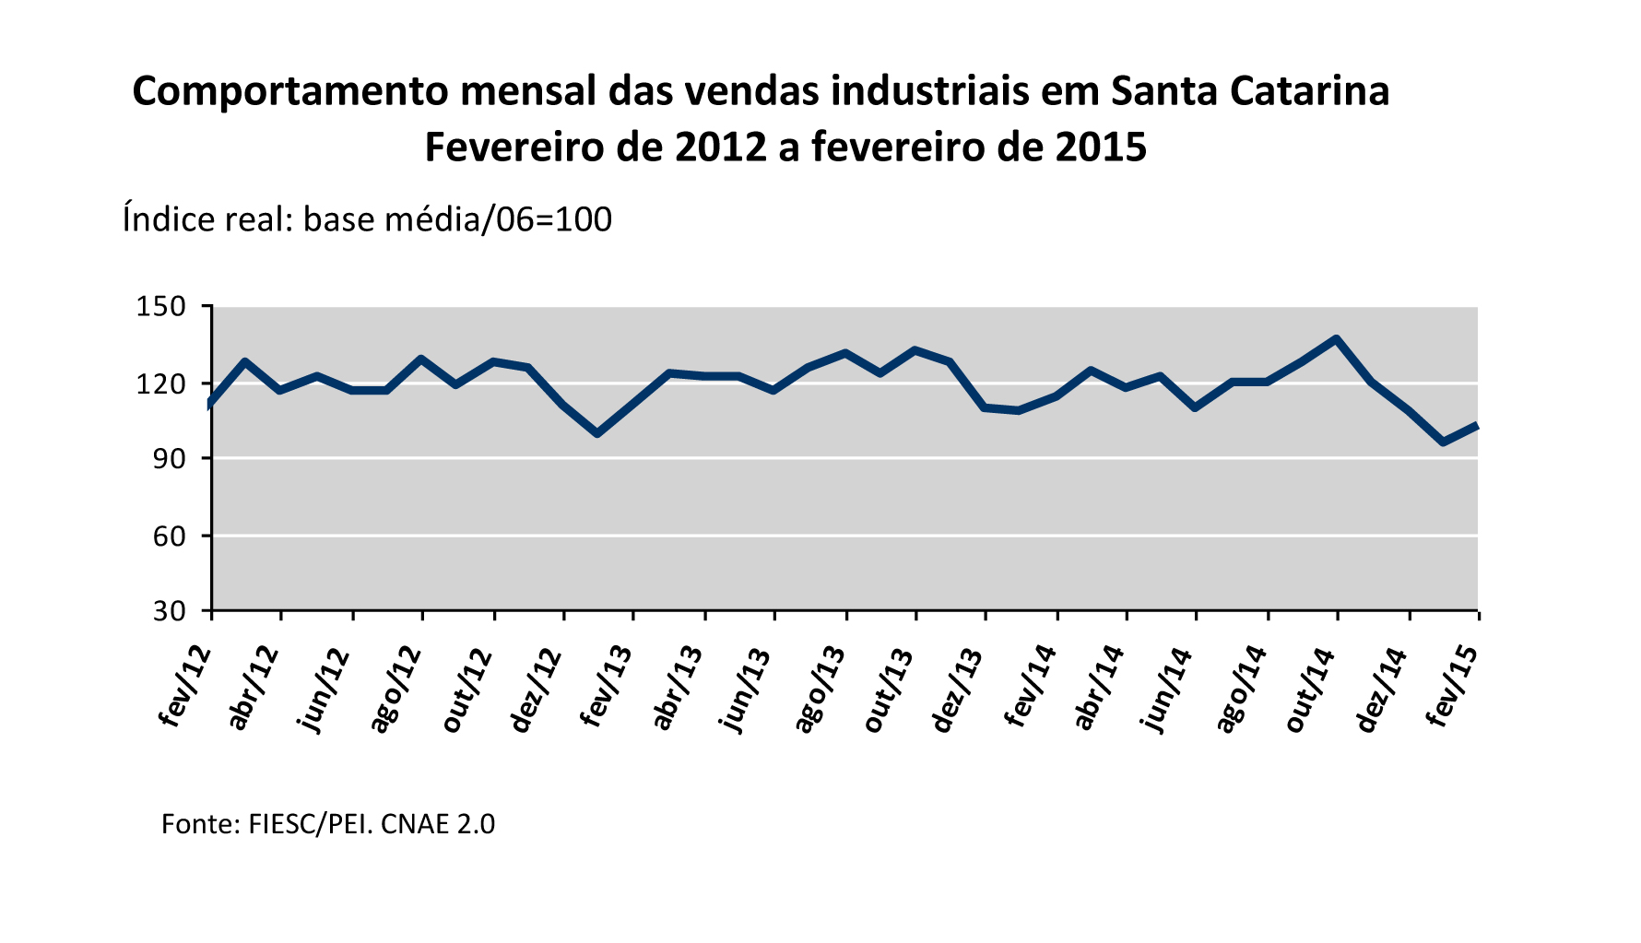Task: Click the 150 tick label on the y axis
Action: pyautogui.click(x=161, y=306)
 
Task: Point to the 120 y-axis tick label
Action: pyautogui.click(x=161, y=383)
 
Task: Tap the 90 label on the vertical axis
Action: pyautogui.click(x=169, y=459)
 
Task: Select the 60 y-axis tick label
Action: pyautogui.click(x=169, y=536)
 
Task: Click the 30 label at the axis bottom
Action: pyautogui.click(x=169, y=611)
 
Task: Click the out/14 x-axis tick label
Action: pyautogui.click(x=1310, y=690)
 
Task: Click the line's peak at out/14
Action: pyautogui.click(x=1336, y=339)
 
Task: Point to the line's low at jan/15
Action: pyautogui.click(x=1443, y=442)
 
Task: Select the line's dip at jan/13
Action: pyautogui.click(x=597, y=432)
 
